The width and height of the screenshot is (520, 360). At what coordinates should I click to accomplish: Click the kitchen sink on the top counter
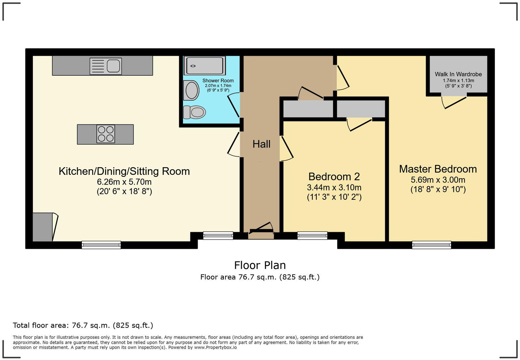tap(106, 66)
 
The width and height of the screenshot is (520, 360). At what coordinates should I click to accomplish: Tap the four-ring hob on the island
tap(105, 134)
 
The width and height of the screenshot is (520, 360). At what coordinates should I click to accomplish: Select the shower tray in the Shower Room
tap(205, 65)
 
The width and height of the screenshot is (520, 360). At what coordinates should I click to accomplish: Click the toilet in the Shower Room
tap(194, 112)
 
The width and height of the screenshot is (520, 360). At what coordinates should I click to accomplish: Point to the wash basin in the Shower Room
tap(191, 90)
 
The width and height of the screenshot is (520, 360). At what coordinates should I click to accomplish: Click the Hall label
tap(261, 144)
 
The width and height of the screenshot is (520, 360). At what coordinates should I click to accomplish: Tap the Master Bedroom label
tap(438, 169)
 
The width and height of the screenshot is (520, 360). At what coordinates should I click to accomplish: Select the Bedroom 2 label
tap(334, 176)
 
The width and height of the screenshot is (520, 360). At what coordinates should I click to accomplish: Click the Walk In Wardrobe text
tap(458, 74)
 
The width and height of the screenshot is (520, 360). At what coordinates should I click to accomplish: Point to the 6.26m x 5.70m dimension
tap(124, 182)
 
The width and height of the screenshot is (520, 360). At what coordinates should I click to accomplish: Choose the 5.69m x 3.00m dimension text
tap(438, 180)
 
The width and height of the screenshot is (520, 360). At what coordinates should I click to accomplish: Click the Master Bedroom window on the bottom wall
tap(431, 245)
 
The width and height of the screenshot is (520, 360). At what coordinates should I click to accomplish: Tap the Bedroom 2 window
tap(312, 235)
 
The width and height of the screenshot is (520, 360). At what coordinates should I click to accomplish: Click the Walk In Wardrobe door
tap(454, 102)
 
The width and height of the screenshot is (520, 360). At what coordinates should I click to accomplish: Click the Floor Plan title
tap(260, 265)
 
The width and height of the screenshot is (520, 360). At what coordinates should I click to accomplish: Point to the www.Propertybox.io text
tap(215, 347)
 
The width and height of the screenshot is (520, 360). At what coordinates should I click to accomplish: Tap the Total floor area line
tap(83, 325)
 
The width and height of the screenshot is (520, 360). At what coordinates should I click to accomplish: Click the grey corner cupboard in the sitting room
tap(42, 227)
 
